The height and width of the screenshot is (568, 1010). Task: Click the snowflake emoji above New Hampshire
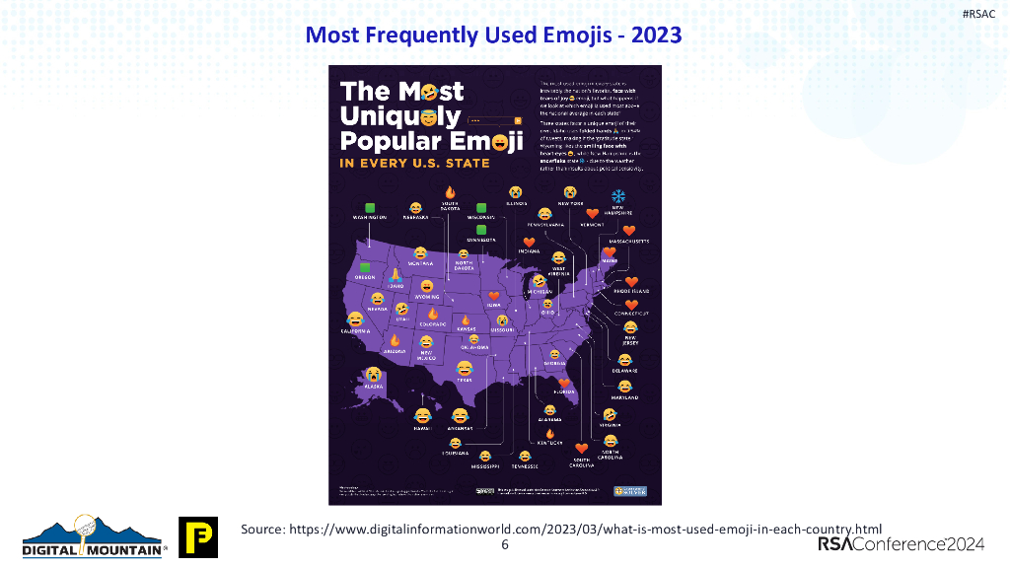(x=618, y=195)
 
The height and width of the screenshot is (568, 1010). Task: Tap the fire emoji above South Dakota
(x=450, y=191)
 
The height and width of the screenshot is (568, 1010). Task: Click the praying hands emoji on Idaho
(x=396, y=273)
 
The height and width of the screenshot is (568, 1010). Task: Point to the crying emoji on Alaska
(x=374, y=375)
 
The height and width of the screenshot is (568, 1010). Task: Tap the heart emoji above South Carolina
(x=581, y=448)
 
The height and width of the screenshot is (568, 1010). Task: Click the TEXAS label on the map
(x=464, y=379)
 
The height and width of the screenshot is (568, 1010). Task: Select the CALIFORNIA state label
(x=355, y=331)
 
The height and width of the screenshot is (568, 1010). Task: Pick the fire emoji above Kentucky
(x=550, y=434)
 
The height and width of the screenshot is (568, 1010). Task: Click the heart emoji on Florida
(x=564, y=383)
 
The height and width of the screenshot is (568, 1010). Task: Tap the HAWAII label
(x=423, y=428)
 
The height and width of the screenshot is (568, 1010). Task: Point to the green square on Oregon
(x=365, y=267)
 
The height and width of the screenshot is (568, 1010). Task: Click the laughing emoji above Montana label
(x=420, y=253)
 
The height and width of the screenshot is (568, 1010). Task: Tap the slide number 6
(x=504, y=545)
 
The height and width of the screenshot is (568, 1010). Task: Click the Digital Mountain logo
(x=94, y=538)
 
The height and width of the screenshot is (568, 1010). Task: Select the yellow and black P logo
(x=197, y=536)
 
